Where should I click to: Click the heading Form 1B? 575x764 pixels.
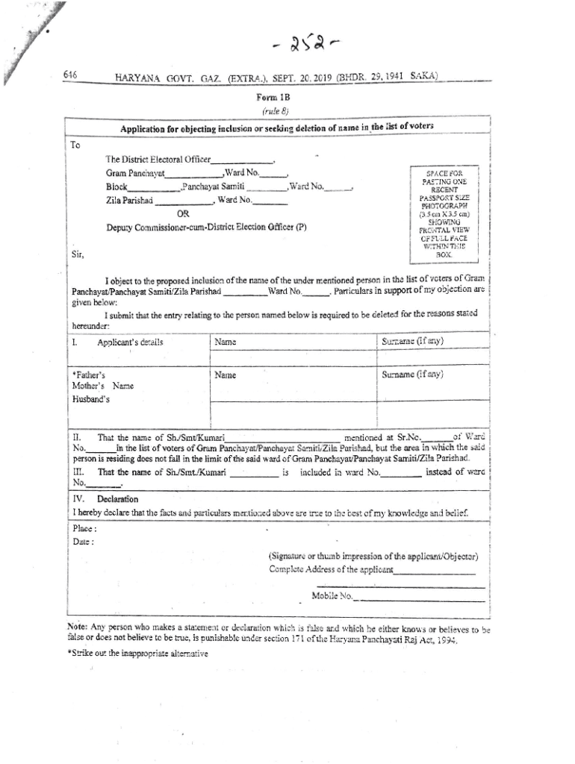coord(270,97)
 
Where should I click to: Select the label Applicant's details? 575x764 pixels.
coord(130,342)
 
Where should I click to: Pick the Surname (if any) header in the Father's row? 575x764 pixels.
coord(413,376)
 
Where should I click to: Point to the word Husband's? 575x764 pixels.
coord(90,399)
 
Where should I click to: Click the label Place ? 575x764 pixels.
coord(84,528)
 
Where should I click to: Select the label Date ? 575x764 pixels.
coord(82,542)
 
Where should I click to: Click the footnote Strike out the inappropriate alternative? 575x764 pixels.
coord(137,654)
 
